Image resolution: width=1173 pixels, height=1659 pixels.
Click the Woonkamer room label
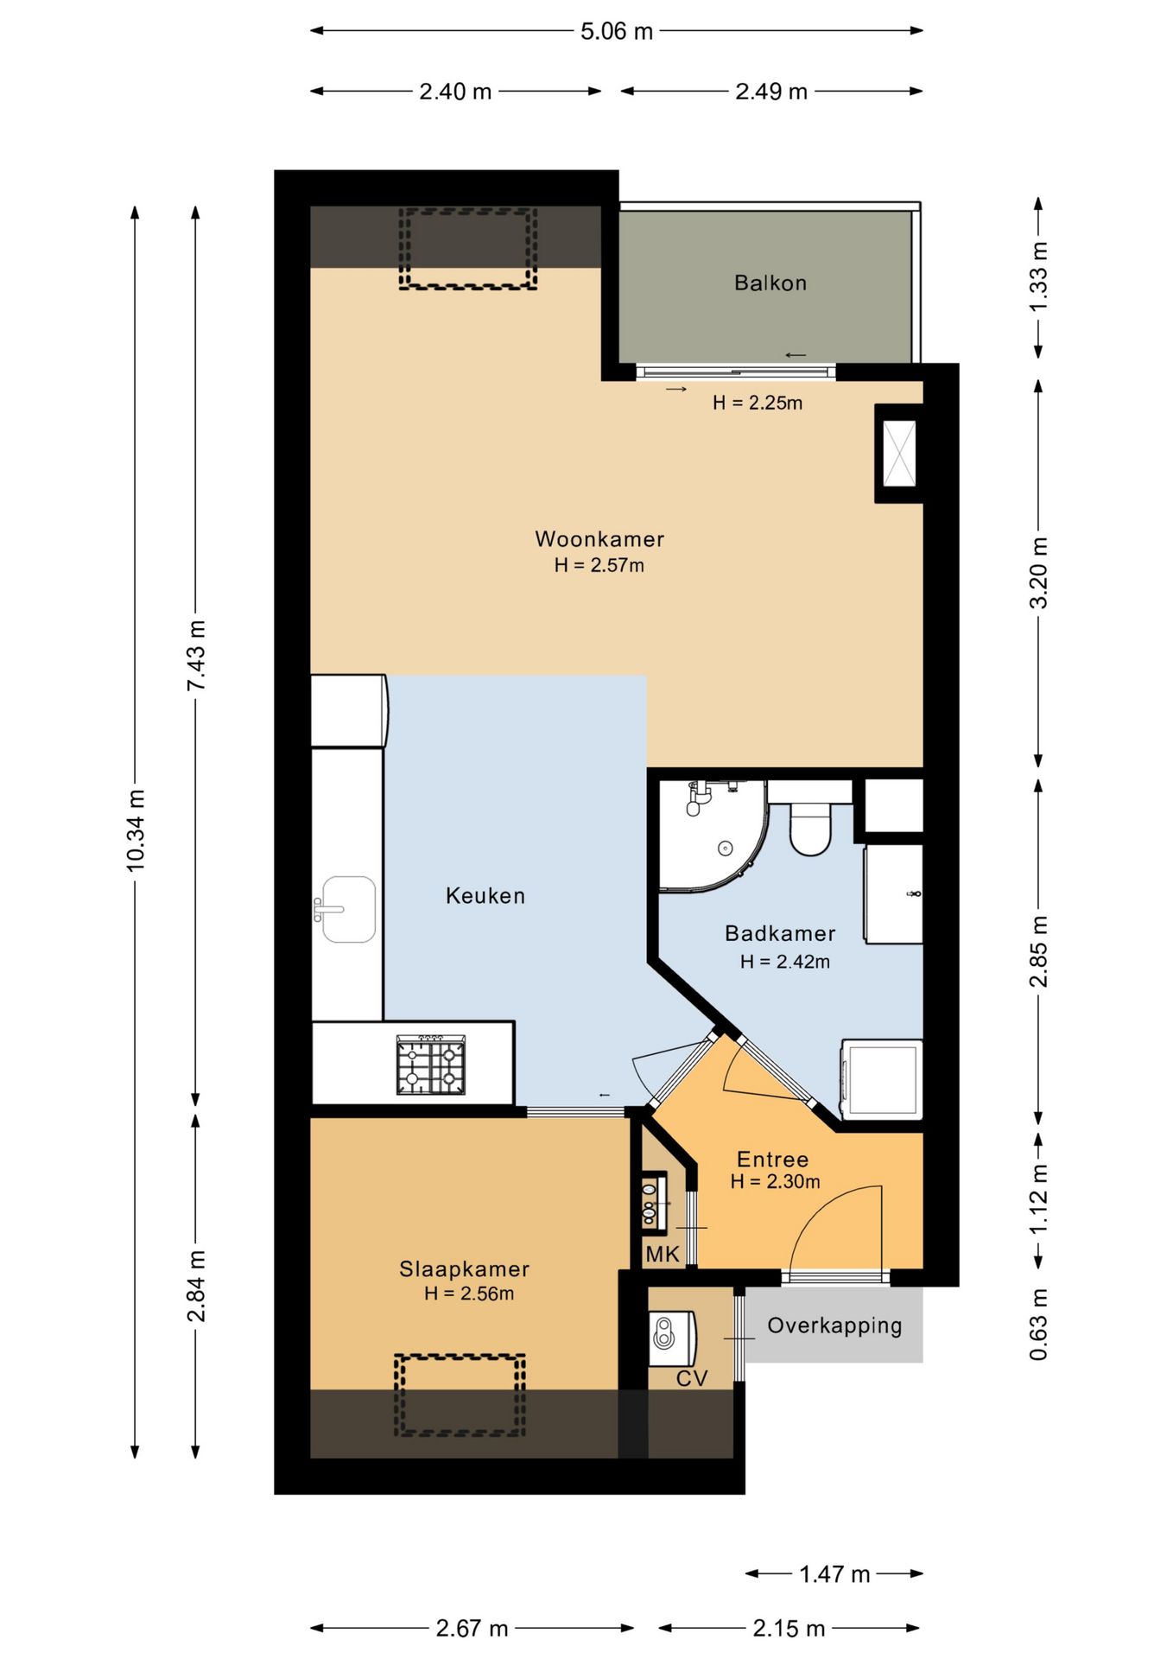pyautogui.click(x=599, y=539)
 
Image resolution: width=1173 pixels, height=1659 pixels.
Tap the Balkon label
pyautogui.click(x=770, y=283)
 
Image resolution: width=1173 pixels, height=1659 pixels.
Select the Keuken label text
pyautogui.click(x=485, y=895)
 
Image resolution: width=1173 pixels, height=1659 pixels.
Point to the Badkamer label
pyautogui.click(x=780, y=933)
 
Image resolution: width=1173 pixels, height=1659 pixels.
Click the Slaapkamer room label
pyautogui.click(x=464, y=1268)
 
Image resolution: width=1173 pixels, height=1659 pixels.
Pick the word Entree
pyautogui.click(x=772, y=1159)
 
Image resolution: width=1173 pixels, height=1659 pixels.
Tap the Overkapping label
pyautogui.click(x=834, y=1325)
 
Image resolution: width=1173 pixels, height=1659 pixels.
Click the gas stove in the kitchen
pyautogui.click(x=431, y=1065)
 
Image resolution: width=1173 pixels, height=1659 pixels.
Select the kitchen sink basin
pyautogui.click(x=348, y=909)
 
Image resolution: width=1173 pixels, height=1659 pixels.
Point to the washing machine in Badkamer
pyautogui.click(x=882, y=1079)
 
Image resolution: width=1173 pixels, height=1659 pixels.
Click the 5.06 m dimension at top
pyautogui.click(x=617, y=31)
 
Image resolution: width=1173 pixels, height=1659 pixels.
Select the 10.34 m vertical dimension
pyautogui.click(x=136, y=829)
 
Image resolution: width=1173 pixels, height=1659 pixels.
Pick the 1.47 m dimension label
pyautogui.click(x=834, y=1574)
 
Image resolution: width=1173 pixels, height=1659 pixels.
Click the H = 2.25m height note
pyautogui.click(x=758, y=403)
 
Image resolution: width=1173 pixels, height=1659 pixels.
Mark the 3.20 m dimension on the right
pyautogui.click(x=1038, y=573)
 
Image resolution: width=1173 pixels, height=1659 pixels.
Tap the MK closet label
pyautogui.click(x=663, y=1254)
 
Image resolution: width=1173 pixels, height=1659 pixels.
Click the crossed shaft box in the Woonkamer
pyautogui.click(x=899, y=453)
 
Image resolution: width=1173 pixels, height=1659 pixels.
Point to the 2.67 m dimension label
pyautogui.click(x=472, y=1629)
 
